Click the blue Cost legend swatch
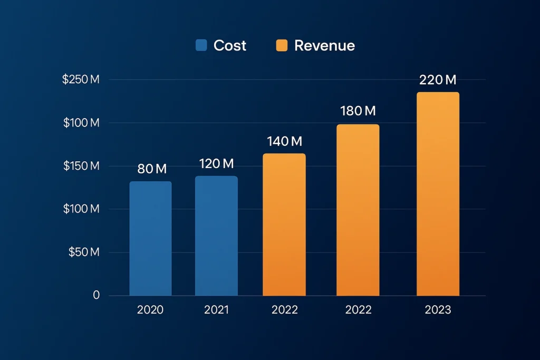[x=201, y=45]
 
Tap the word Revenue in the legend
[x=324, y=46]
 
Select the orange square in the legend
[x=282, y=45]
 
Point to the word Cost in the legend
[x=230, y=46]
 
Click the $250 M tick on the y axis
[x=81, y=80]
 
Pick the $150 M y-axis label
[x=81, y=166]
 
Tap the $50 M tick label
[x=84, y=252]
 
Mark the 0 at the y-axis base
[x=96, y=295]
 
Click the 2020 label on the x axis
[x=150, y=310]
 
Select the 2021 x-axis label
[x=216, y=310]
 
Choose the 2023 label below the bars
[x=438, y=310]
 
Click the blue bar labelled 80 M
[x=150, y=238]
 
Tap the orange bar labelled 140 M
[x=284, y=225]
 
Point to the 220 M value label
[x=438, y=80]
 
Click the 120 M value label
[x=216, y=164]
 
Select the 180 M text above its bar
[x=358, y=111]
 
